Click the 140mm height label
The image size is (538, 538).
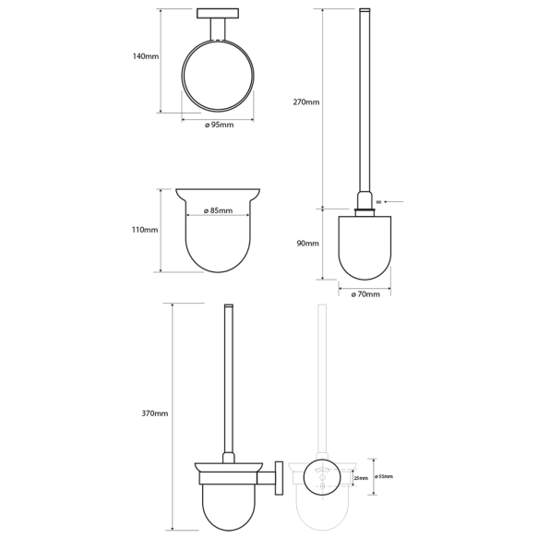(x=145, y=56)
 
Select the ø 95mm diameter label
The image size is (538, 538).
(x=218, y=125)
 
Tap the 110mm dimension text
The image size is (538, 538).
(x=145, y=230)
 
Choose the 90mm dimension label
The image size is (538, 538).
(x=307, y=243)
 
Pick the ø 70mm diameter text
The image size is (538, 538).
(x=366, y=293)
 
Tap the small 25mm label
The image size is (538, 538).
(x=362, y=478)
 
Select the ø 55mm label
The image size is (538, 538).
(x=384, y=477)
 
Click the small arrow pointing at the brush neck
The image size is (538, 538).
(x=384, y=200)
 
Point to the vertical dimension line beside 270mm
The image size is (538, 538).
(x=323, y=106)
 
